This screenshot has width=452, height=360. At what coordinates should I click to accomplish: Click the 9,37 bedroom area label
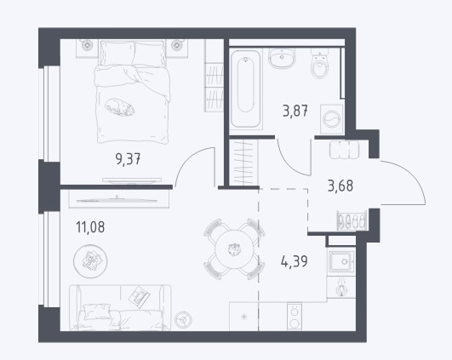click(x=128, y=159)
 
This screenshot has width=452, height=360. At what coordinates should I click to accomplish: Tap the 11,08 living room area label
click(x=90, y=227)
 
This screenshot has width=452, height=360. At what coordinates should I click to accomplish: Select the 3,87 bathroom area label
click(x=295, y=111)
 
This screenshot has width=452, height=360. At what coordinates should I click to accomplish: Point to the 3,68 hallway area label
click(x=340, y=186)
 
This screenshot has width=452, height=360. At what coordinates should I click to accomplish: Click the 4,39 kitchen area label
click(x=294, y=261)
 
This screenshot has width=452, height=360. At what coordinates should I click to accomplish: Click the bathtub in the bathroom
click(x=246, y=89)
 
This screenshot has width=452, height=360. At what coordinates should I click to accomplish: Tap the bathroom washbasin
click(x=282, y=58)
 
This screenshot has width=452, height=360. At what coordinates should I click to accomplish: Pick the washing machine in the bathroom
click(x=332, y=119)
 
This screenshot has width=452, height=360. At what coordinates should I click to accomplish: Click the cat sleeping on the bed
click(x=120, y=107)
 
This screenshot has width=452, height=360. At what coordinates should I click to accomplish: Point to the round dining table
click(x=234, y=249)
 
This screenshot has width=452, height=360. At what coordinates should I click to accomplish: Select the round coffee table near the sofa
click(x=90, y=261)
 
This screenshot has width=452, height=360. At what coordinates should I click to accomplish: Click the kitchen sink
click(x=341, y=261)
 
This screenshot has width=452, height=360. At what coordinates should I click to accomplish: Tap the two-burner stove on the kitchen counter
click(x=295, y=317)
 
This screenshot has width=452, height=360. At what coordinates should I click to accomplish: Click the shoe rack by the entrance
click(x=352, y=220)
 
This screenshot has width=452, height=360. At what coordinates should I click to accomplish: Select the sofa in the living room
click(x=120, y=307)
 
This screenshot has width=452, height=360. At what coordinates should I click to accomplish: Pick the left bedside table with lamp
click(x=87, y=48)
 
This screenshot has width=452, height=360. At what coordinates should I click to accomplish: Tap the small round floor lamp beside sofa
click(x=183, y=320)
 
